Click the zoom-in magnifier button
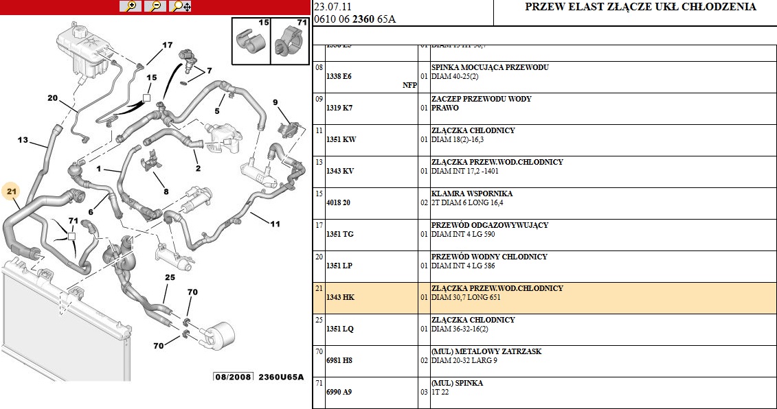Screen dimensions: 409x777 (x=130, y=6)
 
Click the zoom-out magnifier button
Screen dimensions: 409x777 (x=156, y=6)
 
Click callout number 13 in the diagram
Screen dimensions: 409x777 (x=23, y=140)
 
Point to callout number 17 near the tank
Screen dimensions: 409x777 (x=167, y=45)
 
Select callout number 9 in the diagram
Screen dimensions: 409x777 (x=275, y=103)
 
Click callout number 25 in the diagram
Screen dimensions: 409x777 (x=170, y=277)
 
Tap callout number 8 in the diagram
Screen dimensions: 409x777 (x=166, y=192)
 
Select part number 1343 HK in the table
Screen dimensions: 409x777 (x=340, y=297)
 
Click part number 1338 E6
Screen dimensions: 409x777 (x=339, y=76)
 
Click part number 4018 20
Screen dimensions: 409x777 (x=338, y=202)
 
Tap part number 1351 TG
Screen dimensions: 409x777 (x=339, y=234)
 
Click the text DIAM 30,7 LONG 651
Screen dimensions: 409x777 (x=471, y=298)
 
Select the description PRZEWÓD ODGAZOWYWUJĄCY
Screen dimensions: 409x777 (x=489, y=225)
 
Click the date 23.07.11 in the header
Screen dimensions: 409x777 (x=330, y=6)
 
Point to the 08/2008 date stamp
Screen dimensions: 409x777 (x=234, y=377)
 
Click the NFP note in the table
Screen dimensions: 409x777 (x=409, y=86)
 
